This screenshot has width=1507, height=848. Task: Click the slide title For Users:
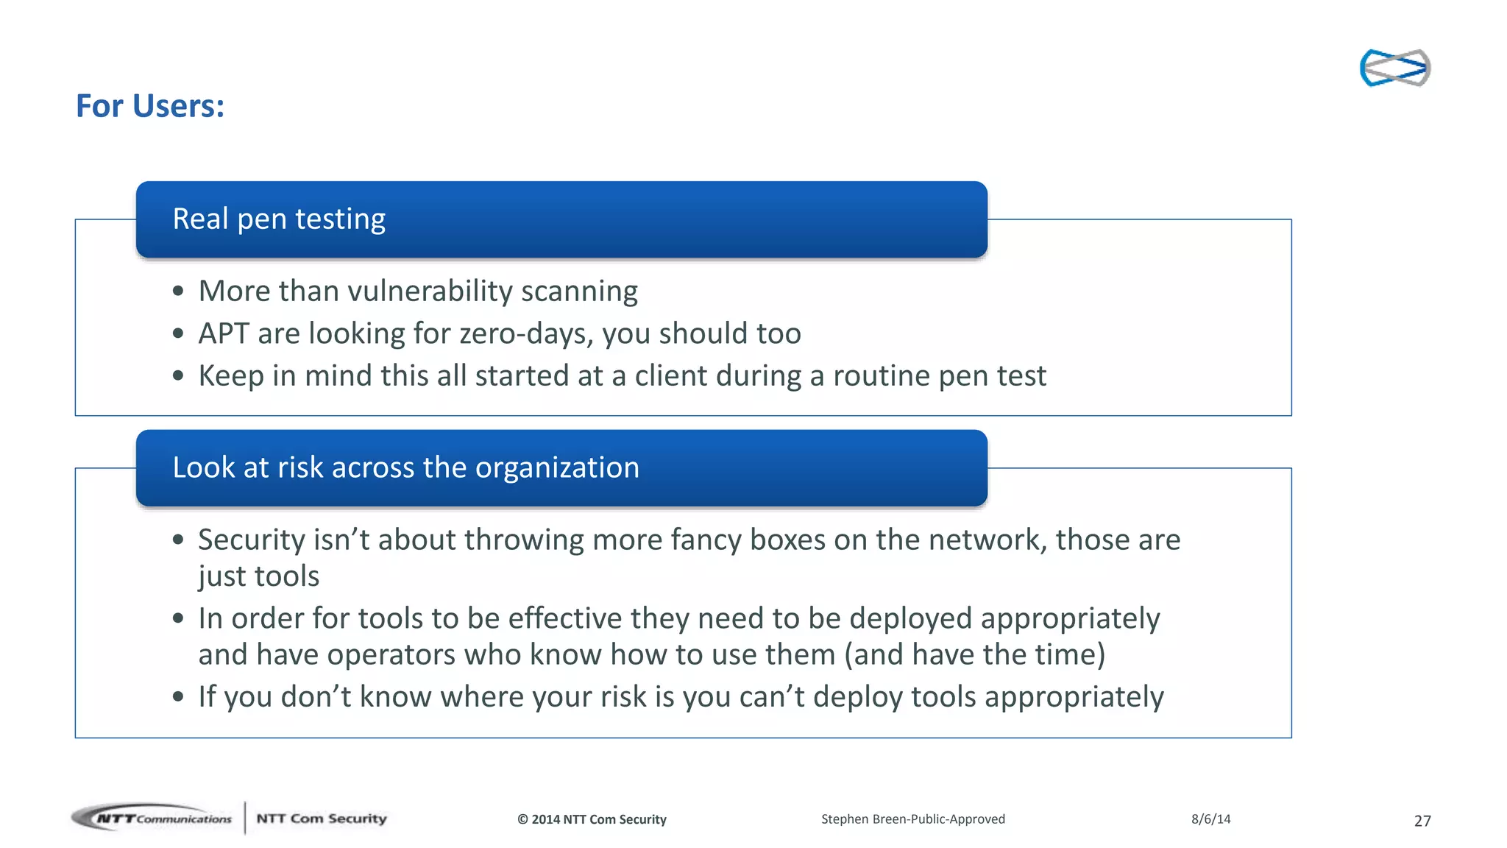coord(150,106)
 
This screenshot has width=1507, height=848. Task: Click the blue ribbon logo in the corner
coord(1394,68)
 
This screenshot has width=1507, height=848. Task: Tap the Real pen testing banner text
coord(279,219)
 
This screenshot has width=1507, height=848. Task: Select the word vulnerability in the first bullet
coord(430,291)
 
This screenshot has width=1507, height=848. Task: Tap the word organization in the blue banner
coord(557,467)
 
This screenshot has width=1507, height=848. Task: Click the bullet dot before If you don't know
coord(178,696)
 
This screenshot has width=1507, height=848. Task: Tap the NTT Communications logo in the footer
coord(153,818)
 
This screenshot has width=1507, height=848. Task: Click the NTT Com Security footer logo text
coord(321,819)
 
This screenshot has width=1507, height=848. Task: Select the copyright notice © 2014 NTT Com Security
coord(592,819)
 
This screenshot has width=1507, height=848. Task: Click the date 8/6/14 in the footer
coord(1210,819)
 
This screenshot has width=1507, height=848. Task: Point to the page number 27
coord(1422,821)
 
